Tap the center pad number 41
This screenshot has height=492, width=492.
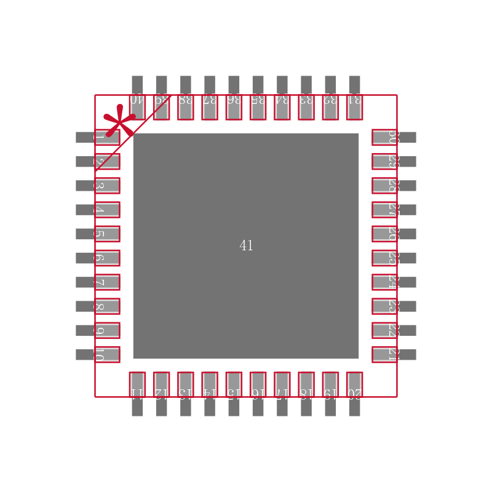tap(246, 246)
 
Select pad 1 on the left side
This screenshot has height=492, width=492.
tap(107, 137)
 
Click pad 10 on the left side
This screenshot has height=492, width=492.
tap(107, 354)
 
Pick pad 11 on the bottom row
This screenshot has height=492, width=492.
tap(137, 384)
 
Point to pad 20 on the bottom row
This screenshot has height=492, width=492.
tap(354, 384)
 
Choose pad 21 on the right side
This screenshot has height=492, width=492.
tap(384, 354)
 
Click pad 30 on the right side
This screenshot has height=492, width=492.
tap(384, 137)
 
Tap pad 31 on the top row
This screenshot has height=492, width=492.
tap(354, 107)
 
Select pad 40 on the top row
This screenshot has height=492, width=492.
tap(137, 107)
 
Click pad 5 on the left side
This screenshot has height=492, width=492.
tap(107, 234)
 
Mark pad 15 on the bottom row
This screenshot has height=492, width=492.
tap(234, 384)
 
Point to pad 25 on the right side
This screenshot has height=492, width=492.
tap(384, 258)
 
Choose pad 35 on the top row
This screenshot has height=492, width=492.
tap(258, 107)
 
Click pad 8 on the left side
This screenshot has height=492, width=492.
tap(107, 306)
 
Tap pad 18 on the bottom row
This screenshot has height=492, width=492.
tap(306, 384)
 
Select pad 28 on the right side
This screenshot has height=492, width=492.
tap(384, 185)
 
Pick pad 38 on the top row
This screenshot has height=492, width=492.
tap(185, 107)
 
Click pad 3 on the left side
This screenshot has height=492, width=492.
tap(107, 185)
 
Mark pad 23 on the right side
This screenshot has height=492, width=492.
tap(384, 306)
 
